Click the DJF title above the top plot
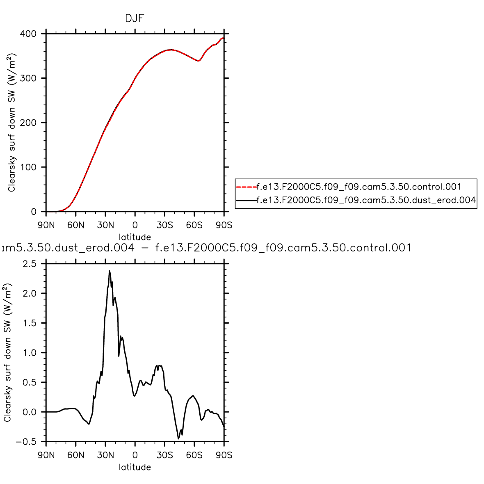pyautogui.click(x=135, y=18)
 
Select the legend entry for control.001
pyautogui.click(x=359, y=187)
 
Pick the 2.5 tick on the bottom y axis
pyautogui.click(x=30, y=264)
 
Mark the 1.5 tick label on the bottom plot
pyautogui.click(x=30, y=323)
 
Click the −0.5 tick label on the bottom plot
pyautogui.click(x=26, y=442)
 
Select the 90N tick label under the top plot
pyautogui.click(x=46, y=225)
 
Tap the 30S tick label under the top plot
pyautogui.click(x=164, y=225)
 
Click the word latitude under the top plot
pyautogui.click(x=135, y=237)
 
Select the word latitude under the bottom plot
pyautogui.click(x=135, y=467)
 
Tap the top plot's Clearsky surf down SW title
pyautogui.click(x=12, y=122)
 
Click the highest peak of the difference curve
pyautogui.click(x=110, y=271)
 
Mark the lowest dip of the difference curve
pyautogui.click(x=178, y=438)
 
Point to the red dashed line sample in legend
pyautogui.click(x=246, y=187)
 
